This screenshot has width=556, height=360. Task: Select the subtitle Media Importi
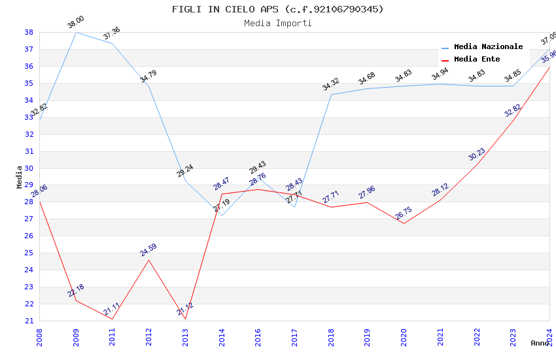[x=278, y=23]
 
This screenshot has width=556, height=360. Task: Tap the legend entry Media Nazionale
[x=488, y=46]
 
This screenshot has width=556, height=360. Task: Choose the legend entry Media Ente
[x=477, y=59]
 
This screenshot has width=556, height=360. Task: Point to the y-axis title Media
[x=20, y=177]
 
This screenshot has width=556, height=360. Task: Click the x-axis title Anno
[x=540, y=342]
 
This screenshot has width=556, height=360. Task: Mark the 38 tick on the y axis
[x=29, y=32]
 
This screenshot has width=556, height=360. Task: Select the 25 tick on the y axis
[x=29, y=253]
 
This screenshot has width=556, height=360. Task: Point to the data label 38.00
[x=76, y=23]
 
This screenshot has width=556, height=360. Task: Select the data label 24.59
[x=148, y=250]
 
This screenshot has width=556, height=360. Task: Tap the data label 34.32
[x=331, y=84]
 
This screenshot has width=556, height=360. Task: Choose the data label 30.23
[x=477, y=154]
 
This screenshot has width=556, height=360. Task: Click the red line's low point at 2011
[x=112, y=319]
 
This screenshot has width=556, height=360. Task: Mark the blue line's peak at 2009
[x=76, y=32]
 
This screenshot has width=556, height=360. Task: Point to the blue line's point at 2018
[x=331, y=94]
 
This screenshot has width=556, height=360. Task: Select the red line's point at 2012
[x=148, y=260]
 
